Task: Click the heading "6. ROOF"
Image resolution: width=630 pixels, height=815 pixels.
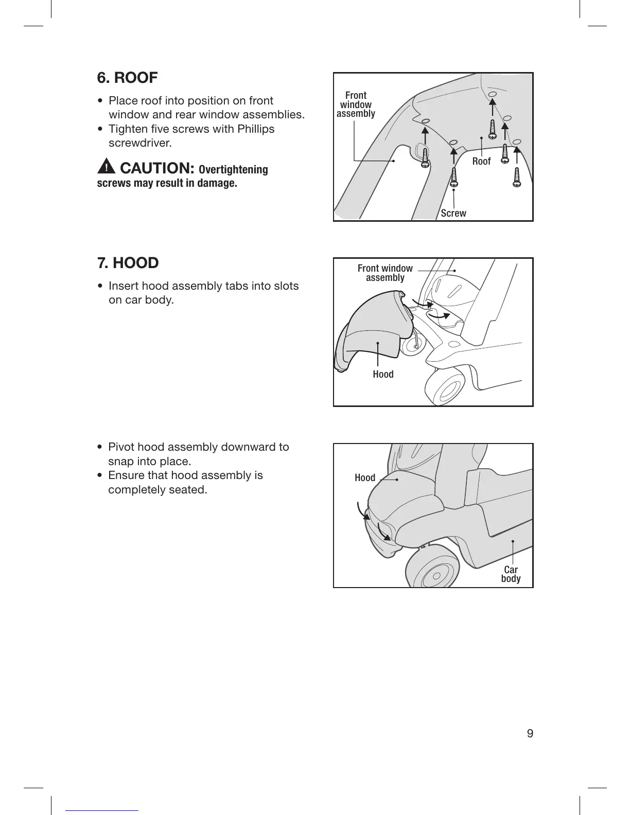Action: pyautogui.click(x=127, y=78)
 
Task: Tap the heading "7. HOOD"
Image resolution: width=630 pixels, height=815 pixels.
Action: pyautogui.click(x=128, y=263)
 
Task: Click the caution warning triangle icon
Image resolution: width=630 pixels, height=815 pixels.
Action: pyautogui.click(x=106, y=167)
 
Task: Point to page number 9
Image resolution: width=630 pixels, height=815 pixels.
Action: pyautogui.click(x=530, y=733)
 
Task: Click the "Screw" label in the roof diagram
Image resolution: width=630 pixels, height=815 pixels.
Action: pyautogui.click(x=453, y=213)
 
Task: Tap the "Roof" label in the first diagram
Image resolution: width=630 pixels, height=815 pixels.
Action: pyautogui.click(x=481, y=162)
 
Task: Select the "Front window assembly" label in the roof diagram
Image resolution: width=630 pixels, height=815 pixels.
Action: pyautogui.click(x=356, y=104)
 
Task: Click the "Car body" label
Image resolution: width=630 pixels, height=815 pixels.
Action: pyautogui.click(x=511, y=574)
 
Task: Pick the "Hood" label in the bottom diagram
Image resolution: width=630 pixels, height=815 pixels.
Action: pyautogui.click(x=365, y=478)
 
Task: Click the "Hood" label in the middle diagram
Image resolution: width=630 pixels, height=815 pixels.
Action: pyautogui.click(x=383, y=375)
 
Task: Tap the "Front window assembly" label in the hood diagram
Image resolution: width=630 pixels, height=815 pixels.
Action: pyautogui.click(x=385, y=273)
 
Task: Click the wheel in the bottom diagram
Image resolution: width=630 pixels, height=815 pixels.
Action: pyautogui.click(x=432, y=571)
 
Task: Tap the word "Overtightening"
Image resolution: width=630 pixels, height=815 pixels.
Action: pyautogui.click(x=233, y=170)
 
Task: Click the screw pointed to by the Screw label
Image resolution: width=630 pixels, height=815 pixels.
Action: pyautogui.click(x=454, y=177)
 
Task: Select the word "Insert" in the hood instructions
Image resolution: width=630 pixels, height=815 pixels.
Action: pyautogui.click(x=124, y=286)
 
